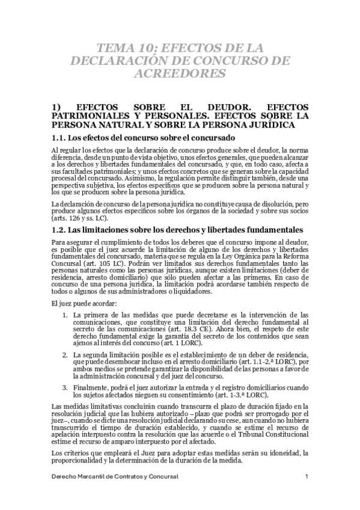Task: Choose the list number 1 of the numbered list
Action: point(65,315)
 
